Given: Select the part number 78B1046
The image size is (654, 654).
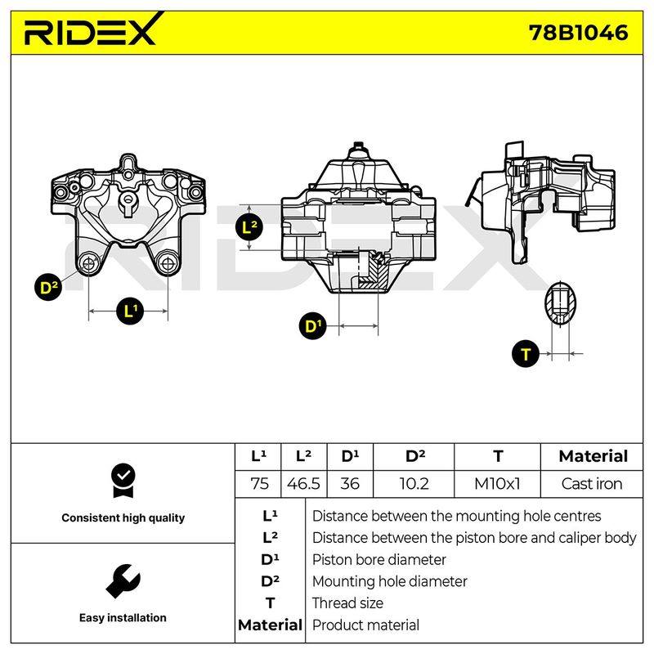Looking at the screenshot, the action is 578,33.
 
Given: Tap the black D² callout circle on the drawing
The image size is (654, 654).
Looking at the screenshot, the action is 48,287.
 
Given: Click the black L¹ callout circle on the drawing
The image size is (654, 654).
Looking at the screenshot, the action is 130,311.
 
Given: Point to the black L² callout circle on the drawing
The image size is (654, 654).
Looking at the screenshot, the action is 249,228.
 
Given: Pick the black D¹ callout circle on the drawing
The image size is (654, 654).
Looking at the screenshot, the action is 313,325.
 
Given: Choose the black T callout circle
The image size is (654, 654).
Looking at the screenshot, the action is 526,354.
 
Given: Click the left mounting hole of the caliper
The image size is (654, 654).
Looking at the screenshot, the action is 89,263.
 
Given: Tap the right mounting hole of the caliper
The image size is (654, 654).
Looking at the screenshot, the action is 168,263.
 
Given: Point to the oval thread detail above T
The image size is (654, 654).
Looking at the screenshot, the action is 560,303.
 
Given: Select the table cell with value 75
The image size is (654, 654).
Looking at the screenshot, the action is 258,484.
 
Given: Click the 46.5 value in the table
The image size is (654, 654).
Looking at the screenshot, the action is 303,484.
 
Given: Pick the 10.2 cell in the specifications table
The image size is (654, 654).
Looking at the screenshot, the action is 414,484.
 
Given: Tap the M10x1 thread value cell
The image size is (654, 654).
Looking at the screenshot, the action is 497,484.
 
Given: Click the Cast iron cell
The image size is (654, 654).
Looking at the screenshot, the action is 591,484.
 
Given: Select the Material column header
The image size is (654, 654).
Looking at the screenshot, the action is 593,456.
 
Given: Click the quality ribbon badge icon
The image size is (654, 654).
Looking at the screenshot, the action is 123,481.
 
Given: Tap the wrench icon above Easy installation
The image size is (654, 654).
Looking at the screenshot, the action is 123,581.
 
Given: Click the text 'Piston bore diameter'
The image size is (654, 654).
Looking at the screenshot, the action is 379,560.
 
